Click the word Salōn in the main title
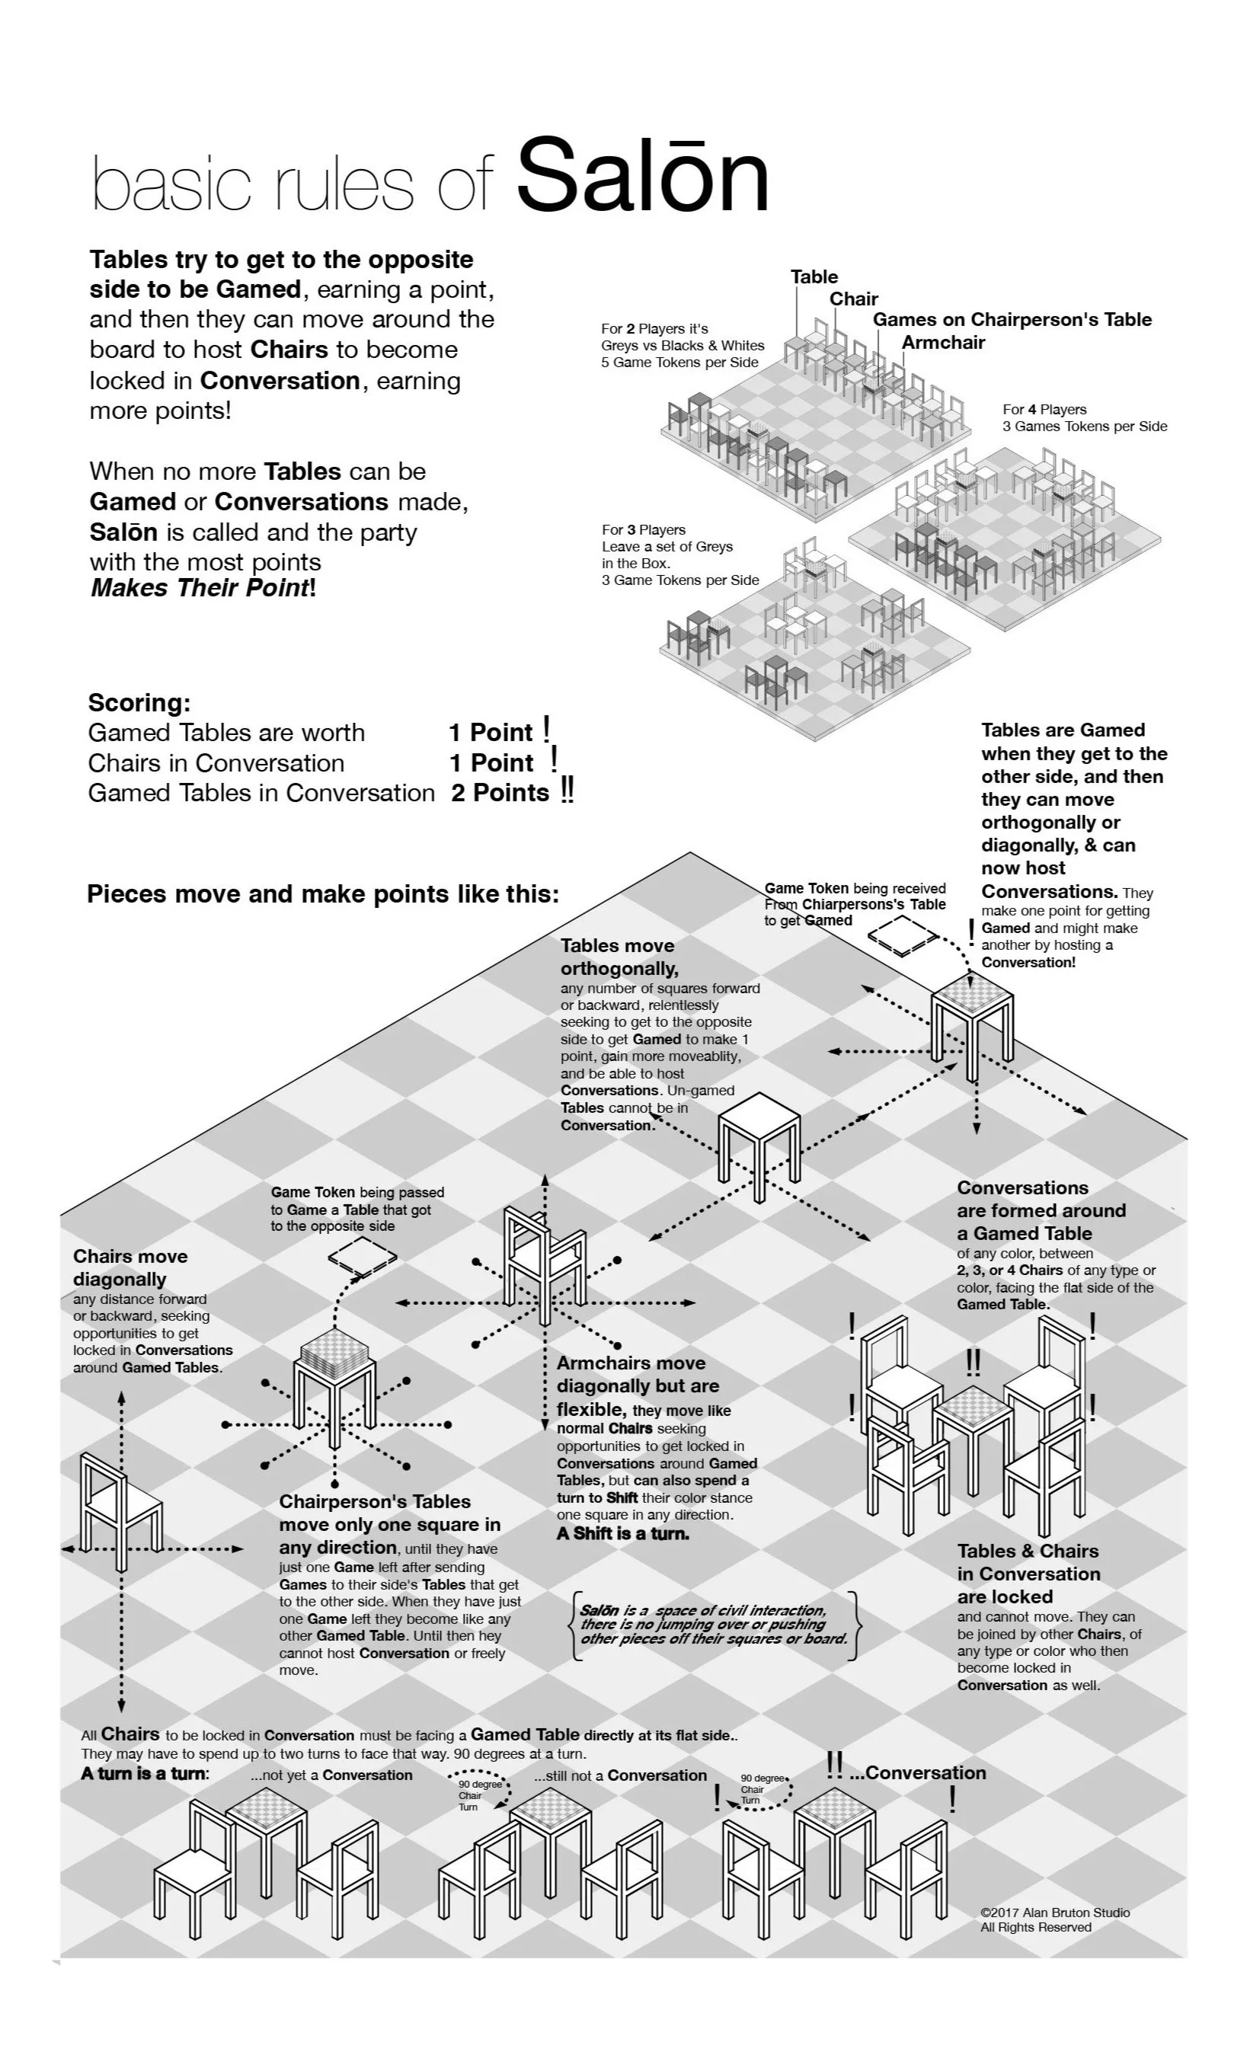click(642, 177)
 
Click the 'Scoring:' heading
click(139, 702)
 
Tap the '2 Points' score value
click(500, 792)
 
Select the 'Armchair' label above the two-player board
click(942, 342)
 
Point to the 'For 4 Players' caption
click(1044, 410)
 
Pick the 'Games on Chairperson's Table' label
click(1012, 319)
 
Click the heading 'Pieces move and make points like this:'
click(323, 894)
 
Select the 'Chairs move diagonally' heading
click(130, 1267)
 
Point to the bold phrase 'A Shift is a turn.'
click(623, 1533)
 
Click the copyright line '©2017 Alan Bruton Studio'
click(1055, 1913)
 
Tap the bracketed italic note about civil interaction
click(713, 1624)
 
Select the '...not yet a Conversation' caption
click(331, 1775)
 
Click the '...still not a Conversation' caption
click(621, 1775)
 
